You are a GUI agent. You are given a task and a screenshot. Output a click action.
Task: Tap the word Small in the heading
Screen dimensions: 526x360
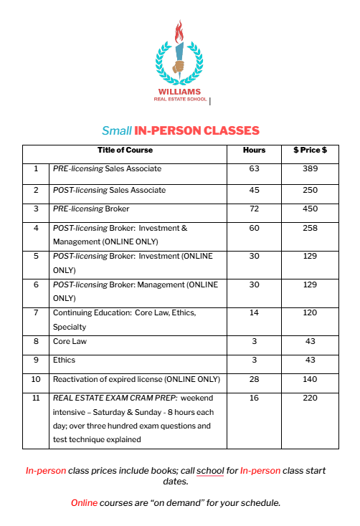point(116,131)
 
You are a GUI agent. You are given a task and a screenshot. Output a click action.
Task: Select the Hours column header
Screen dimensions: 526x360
point(254,150)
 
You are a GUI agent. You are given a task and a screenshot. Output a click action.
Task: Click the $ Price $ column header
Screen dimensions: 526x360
point(310,150)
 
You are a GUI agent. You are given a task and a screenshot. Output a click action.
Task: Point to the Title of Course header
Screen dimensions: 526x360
point(125,150)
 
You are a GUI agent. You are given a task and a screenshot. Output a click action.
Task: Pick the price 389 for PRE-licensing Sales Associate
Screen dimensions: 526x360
point(310,169)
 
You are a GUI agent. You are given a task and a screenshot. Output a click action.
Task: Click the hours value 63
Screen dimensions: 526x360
point(254,169)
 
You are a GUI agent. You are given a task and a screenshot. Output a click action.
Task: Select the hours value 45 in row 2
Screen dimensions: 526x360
point(254,191)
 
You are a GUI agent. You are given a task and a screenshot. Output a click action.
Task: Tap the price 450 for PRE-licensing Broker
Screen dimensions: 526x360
point(310,209)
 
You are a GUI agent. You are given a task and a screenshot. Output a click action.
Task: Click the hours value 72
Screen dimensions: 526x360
point(254,209)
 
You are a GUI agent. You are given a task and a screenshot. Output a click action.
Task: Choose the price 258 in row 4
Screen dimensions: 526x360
point(310,229)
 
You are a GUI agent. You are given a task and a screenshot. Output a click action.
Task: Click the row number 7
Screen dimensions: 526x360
point(36,313)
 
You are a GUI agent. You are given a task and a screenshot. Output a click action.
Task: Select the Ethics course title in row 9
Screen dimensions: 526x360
point(64,360)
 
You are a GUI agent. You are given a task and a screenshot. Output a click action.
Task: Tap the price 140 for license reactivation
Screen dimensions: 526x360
point(310,379)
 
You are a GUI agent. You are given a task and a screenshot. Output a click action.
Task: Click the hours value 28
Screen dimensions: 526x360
point(254,379)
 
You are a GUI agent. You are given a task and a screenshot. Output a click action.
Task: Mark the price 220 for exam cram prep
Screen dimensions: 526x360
point(310,398)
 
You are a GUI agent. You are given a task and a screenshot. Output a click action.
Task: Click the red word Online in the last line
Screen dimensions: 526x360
point(84,502)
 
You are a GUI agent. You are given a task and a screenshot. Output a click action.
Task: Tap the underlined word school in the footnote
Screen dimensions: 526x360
point(209,471)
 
